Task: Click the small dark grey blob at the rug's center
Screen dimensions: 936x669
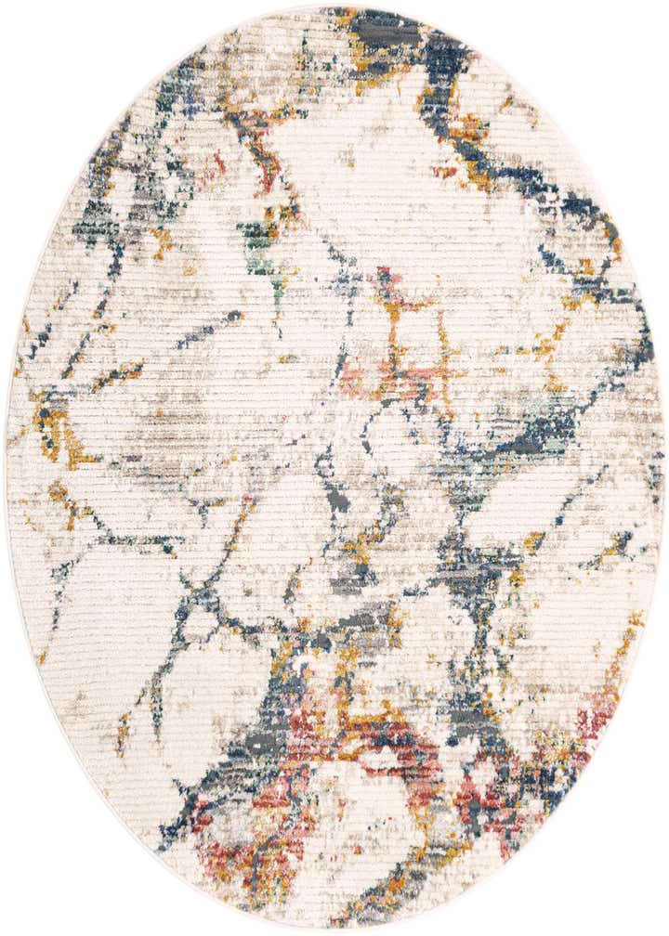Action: (338, 501)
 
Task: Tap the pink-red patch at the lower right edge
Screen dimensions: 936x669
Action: (595, 724)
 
